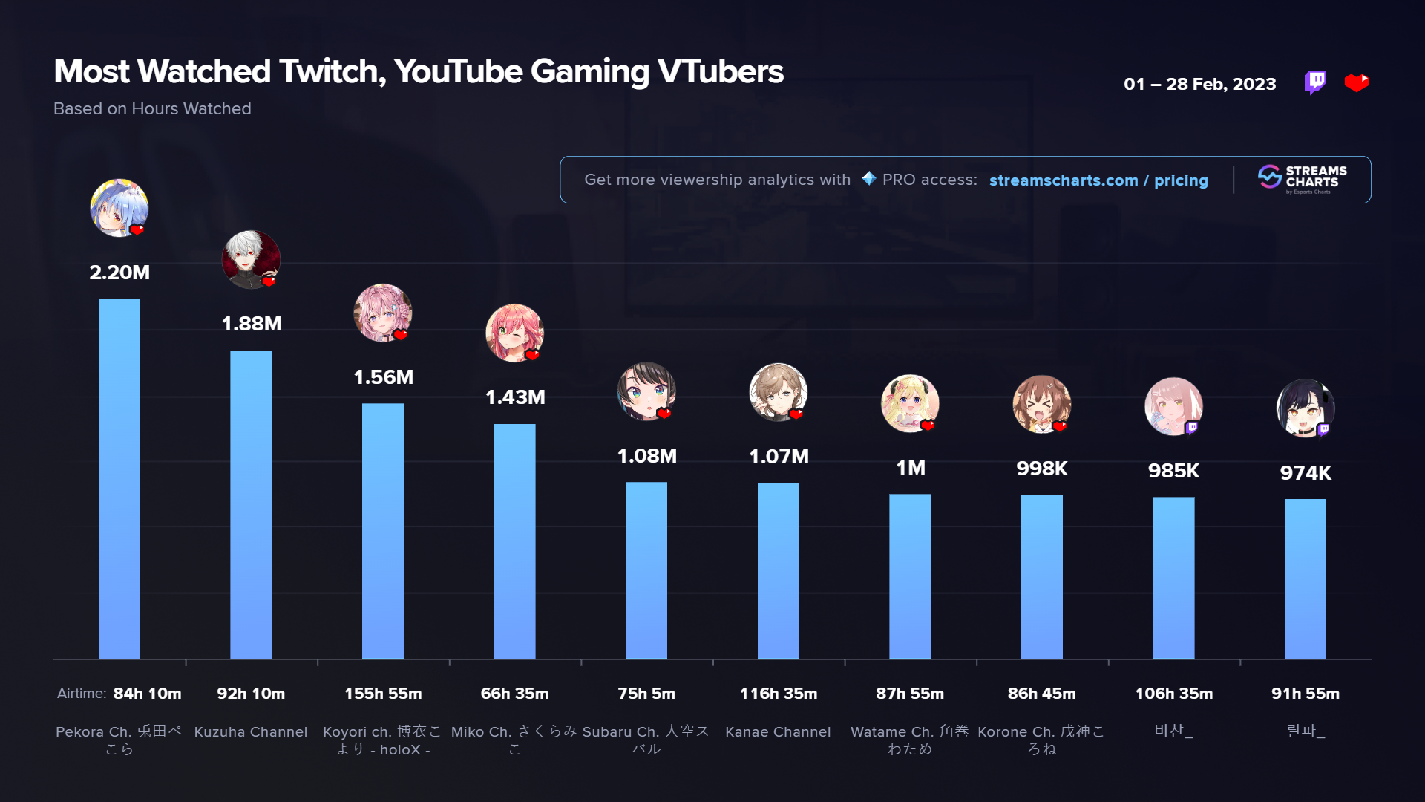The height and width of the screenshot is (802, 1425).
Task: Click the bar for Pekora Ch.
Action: (x=119, y=478)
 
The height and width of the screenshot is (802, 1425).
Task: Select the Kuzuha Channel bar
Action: (x=251, y=504)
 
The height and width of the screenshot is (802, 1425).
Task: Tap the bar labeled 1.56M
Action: (x=383, y=531)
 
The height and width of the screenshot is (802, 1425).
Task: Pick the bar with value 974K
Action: (x=1306, y=578)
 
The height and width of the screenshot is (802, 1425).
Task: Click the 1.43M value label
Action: (x=515, y=397)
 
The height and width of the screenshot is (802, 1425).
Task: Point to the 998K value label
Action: (x=1042, y=469)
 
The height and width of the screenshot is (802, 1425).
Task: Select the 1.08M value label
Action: (x=646, y=456)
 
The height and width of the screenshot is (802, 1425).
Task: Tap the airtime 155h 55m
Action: (x=383, y=694)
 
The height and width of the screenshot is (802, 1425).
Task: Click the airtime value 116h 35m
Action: (x=779, y=694)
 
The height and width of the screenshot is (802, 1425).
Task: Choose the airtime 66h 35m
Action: (x=514, y=694)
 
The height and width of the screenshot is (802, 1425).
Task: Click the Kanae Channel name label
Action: (x=778, y=732)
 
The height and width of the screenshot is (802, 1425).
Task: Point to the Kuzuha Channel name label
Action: (x=251, y=732)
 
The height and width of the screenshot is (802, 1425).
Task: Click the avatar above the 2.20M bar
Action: (x=119, y=208)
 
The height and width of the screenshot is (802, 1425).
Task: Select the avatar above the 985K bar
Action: (x=1173, y=406)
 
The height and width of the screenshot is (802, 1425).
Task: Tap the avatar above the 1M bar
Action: (x=910, y=403)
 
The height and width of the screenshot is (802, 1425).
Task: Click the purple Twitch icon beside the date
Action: (x=1315, y=82)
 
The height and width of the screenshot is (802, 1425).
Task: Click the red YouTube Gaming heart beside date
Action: (x=1357, y=82)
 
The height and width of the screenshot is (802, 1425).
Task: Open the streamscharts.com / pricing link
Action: (x=1098, y=180)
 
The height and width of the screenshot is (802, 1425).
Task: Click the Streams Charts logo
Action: (x=1303, y=179)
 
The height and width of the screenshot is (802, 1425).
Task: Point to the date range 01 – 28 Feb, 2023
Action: (x=1199, y=84)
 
